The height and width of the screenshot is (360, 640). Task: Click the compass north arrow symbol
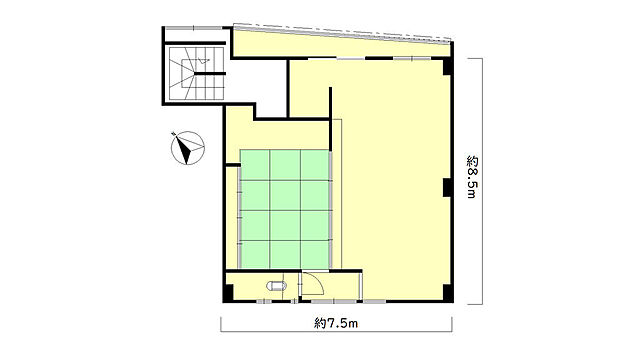(187, 148)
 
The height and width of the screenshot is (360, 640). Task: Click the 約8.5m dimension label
(472, 177)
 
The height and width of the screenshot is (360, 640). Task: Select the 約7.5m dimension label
(336, 323)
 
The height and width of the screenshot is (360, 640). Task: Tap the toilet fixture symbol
(276, 285)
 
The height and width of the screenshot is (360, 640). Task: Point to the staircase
(197, 73)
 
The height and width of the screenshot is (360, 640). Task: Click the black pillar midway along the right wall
(447, 187)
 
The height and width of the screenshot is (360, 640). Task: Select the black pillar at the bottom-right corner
(448, 293)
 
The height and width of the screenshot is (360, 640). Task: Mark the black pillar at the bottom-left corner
(228, 293)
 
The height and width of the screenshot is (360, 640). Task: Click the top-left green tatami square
(255, 165)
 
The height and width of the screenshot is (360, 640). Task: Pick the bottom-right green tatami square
(315, 255)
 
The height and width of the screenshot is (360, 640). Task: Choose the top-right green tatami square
(315, 165)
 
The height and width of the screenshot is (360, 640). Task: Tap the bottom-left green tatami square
(255, 255)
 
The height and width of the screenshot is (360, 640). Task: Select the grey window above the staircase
(193, 28)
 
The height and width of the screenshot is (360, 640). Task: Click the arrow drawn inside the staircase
(202, 61)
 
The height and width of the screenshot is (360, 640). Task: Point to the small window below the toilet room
(264, 302)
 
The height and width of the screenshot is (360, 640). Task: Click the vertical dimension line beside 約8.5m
(482, 181)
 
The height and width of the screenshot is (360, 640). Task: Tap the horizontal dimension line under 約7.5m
(336, 331)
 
